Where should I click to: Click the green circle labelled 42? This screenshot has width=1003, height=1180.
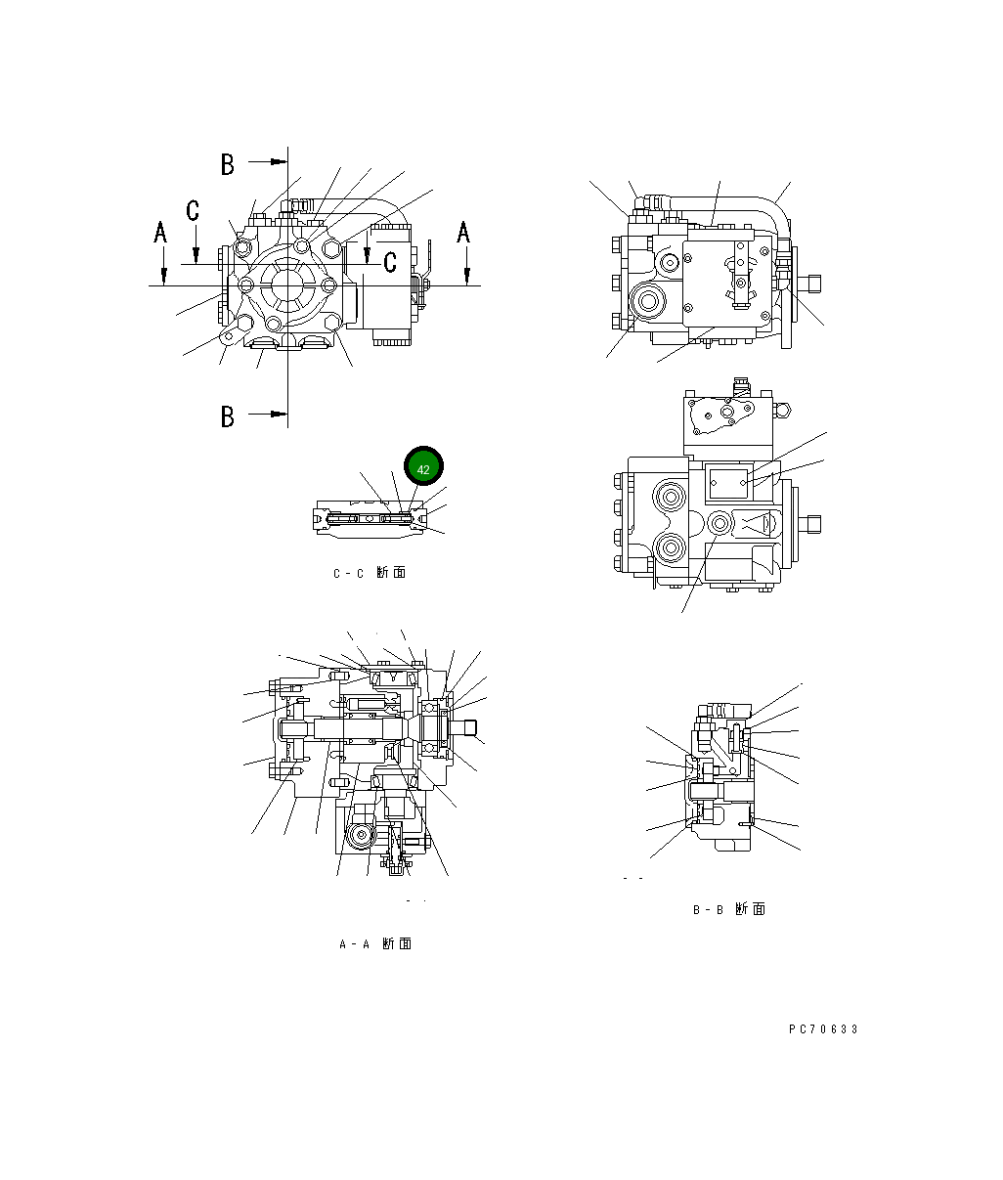click(423, 469)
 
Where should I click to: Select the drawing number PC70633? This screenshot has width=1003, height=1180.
click(823, 1029)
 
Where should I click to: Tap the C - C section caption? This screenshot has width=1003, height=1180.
click(370, 573)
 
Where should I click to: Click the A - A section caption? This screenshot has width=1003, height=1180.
click(374, 944)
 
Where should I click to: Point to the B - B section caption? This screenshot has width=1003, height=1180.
click(729, 910)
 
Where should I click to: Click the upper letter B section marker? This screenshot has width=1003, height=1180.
click(227, 164)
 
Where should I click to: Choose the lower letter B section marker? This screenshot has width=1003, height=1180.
click(227, 416)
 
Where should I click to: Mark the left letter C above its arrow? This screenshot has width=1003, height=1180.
click(194, 209)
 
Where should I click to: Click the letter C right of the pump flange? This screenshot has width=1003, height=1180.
click(390, 261)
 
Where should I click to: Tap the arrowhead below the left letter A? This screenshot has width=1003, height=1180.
click(164, 277)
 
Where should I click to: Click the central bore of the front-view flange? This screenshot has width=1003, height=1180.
click(289, 285)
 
